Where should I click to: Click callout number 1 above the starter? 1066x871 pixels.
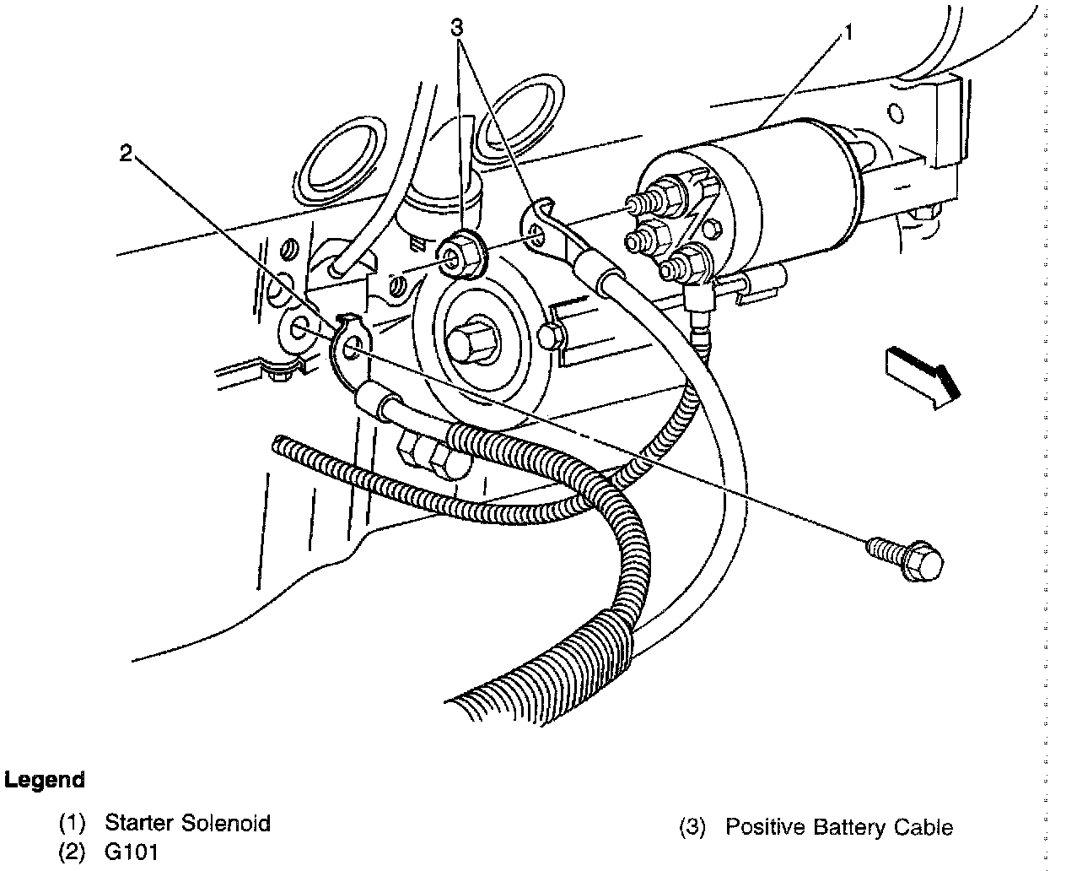click(849, 33)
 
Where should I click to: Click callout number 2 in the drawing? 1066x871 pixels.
click(126, 154)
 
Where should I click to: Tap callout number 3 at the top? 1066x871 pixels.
click(457, 27)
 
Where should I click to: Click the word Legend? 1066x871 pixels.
click(45, 780)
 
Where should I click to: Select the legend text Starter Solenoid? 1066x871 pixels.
click(187, 823)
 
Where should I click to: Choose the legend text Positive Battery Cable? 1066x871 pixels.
click(839, 827)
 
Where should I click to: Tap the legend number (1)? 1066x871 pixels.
click(73, 823)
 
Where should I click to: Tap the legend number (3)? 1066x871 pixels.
click(693, 827)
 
